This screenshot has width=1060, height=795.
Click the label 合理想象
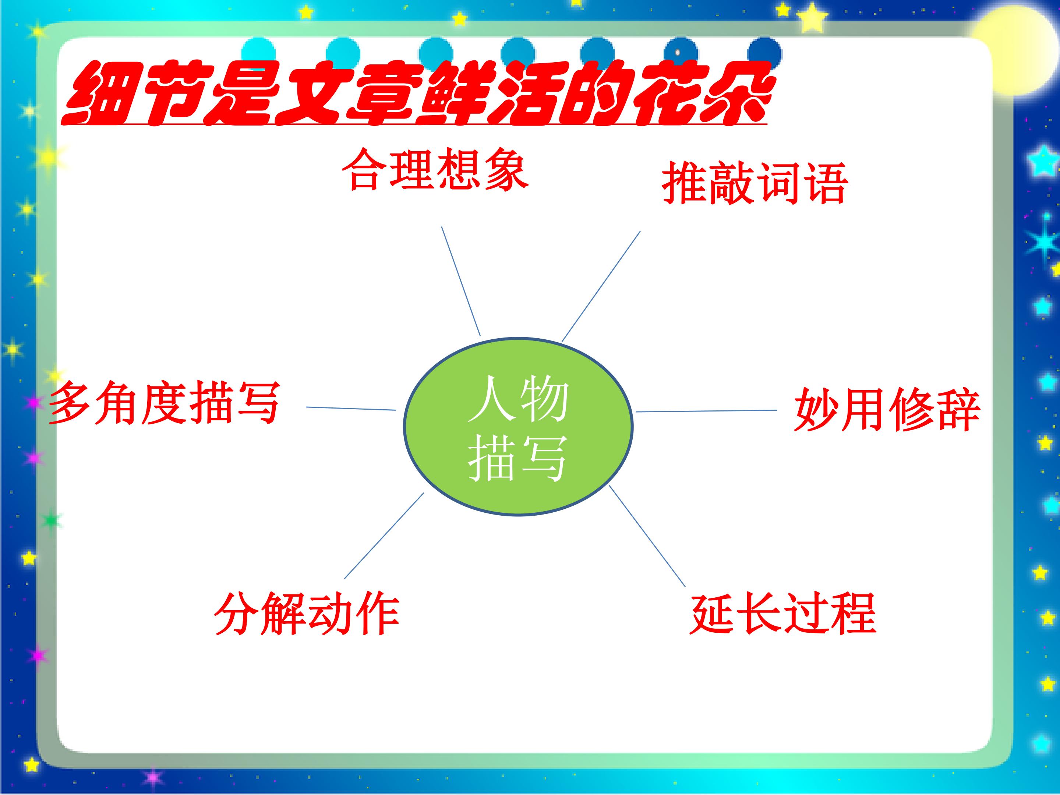435,169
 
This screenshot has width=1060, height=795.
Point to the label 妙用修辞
887,409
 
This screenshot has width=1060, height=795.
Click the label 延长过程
783,614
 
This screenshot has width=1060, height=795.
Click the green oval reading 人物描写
518,427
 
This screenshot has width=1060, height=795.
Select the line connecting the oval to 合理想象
460,281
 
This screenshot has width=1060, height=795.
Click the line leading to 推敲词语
601,286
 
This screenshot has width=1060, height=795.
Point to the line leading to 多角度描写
351,408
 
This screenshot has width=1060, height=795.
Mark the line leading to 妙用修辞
706,411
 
